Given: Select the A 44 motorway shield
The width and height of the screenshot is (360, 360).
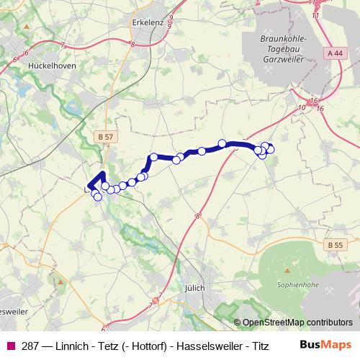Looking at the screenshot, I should pyautogui.click(x=333, y=53).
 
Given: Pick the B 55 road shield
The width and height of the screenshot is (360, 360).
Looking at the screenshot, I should pyautogui.click(x=333, y=246).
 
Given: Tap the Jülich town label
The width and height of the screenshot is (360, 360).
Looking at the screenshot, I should pyautogui.click(x=194, y=287).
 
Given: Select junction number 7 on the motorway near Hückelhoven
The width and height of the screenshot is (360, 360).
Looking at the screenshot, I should pyautogui.click(x=63, y=45).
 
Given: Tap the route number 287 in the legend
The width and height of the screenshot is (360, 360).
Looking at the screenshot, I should pyautogui.click(x=30, y=344).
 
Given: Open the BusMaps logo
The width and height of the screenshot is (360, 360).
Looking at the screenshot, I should pyautogui.click(x=325, y=344).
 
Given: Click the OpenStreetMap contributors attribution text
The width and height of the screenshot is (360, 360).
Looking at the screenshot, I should pyautogui.click(x=297, y=323).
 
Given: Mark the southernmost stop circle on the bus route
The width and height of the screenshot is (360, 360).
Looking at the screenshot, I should pyautogui.click(x=98, y=197).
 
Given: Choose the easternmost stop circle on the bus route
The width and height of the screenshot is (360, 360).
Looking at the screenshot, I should pyautogui.click(x=271, y=150).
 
